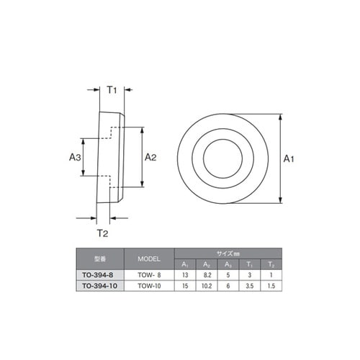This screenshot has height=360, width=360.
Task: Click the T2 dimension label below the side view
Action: click(102, 233)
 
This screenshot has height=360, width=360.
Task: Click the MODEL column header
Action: click(148, 258)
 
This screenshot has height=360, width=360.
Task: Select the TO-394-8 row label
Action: click(100, 274)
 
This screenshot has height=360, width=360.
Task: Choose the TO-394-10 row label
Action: click(100, 285)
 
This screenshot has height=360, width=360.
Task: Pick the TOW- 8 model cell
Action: click(148, 274)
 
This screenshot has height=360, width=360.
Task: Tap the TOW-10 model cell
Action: click(148, 285)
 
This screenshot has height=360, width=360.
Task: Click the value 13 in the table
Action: click(186, 274)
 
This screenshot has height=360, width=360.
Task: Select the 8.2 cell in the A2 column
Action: click(207, 274)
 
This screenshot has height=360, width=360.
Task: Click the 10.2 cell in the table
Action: click(207, 285)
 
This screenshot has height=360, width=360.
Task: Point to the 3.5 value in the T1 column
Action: click(250, 285)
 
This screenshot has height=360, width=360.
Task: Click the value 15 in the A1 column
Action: click(186, 285)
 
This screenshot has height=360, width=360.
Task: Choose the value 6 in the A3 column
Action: click(229, 285)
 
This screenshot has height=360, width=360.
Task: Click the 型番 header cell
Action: click(100, 258)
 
